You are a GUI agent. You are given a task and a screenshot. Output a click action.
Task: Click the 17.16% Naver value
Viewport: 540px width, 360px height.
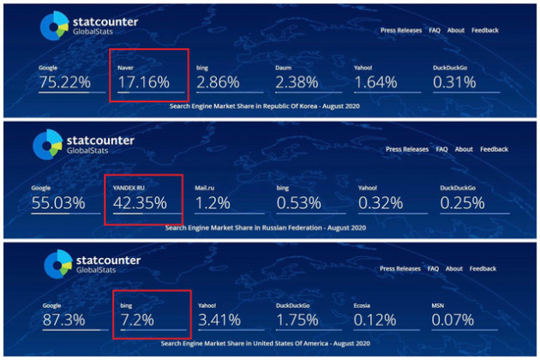coord(144,82)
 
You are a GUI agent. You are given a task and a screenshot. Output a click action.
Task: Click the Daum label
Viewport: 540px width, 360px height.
coord(285,67)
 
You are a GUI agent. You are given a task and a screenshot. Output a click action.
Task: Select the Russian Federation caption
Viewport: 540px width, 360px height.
coord(267,228)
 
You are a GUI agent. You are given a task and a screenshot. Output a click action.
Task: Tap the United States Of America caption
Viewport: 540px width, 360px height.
coord(267,343)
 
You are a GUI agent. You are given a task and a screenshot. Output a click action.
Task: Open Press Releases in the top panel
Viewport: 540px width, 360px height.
coord(399,30)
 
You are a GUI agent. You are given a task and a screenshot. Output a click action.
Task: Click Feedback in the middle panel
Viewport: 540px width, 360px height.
coord(495,149)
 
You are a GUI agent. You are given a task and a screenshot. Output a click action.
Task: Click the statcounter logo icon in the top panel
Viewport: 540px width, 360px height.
coord(52,27)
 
